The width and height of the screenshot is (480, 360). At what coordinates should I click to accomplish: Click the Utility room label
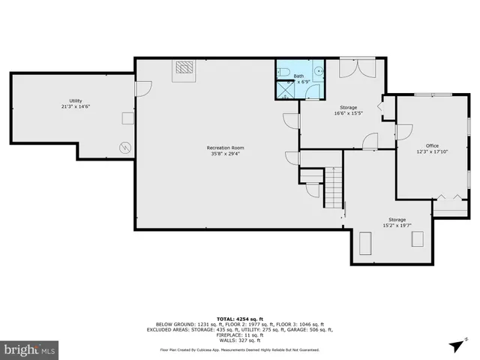76,100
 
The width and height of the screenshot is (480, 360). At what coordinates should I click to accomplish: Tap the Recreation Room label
226,148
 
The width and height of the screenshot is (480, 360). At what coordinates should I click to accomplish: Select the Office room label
432,145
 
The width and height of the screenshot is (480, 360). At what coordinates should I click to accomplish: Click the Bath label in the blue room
298,76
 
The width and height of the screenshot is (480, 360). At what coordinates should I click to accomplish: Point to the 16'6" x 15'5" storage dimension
348,114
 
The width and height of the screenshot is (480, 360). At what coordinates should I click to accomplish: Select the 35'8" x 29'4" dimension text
226,154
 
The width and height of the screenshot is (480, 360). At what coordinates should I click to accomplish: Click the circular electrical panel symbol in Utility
125,146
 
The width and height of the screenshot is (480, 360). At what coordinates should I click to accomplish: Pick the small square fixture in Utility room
127,118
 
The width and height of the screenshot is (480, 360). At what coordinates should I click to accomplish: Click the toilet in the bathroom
282,73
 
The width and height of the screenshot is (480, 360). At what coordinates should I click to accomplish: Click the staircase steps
334,187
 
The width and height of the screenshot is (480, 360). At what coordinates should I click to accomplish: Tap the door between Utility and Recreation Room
138,88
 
